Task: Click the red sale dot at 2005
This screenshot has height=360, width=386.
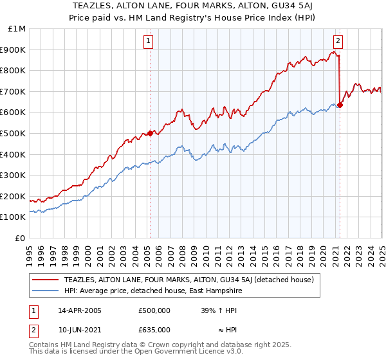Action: click(x=150, y=133)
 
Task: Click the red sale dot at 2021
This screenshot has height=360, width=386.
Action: click(x=340, y=105)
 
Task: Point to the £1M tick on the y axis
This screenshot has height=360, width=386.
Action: click(x=17, y=29)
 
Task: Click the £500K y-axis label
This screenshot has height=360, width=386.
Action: click(x=14, y=133)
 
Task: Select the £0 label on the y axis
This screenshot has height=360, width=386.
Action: click(x=20, y=238)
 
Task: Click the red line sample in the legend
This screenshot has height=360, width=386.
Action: click(x=46, y=280)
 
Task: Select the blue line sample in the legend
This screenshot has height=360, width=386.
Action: click(x=46, y=291)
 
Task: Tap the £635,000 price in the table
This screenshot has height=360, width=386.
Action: click(x=154, y=329)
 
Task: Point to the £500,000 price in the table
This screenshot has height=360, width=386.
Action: click(x=154, y=310)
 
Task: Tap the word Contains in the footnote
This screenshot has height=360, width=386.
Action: click(x=45, y=345)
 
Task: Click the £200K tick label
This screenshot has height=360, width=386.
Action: click(x=14, y=196)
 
